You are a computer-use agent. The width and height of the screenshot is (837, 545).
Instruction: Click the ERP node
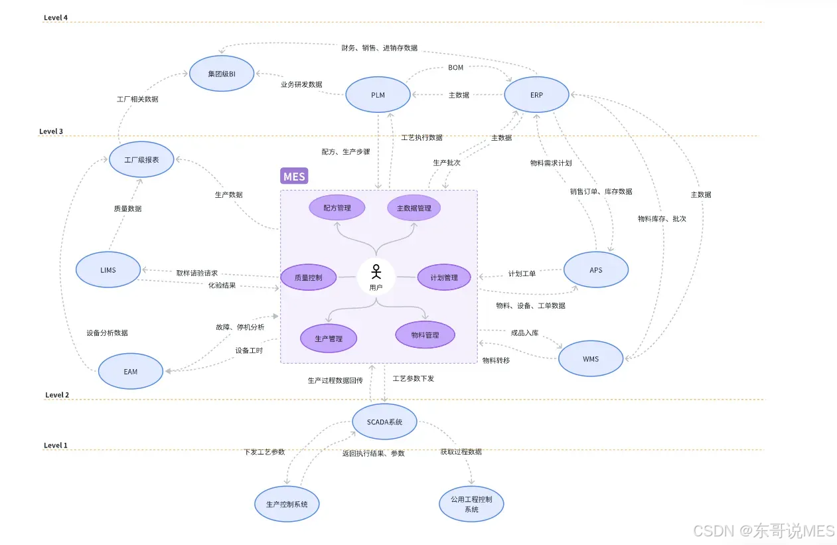click(x=536, y=95)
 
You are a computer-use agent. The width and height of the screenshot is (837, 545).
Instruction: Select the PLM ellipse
click(x=378, y=95)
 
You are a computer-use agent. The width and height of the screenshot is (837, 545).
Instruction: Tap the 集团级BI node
click(x=222, y=74)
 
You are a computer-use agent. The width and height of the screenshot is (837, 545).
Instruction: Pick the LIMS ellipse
click(x=108, y=270)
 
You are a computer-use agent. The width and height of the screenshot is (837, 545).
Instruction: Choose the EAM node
click(x=131, y=371)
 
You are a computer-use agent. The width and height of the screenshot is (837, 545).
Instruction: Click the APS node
click(x=595, y=270)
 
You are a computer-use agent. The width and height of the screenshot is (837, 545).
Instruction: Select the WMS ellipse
click(x=591, y=359)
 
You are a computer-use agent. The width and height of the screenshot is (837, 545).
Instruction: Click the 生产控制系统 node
click(x=287, y=505)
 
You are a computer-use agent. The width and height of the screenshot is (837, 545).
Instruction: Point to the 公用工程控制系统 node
click(x=471, y=504)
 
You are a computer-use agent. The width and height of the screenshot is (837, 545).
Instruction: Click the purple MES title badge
click(x=294, y=177)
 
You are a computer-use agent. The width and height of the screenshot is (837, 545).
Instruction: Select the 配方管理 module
click(x=337, y=208)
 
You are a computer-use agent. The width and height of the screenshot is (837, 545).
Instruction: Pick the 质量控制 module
click(x=308, y=277)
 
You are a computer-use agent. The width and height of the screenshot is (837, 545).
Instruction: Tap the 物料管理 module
click(x=425, y=335)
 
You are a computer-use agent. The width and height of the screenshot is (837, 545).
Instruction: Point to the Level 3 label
click(x=51, y=131)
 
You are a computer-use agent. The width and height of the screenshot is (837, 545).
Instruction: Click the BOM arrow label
click(x=455, y=68)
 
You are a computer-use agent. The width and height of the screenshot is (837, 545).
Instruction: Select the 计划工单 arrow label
click(x=522, y=273)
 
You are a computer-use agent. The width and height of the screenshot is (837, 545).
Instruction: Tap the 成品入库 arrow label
click(x=524, y=332)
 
